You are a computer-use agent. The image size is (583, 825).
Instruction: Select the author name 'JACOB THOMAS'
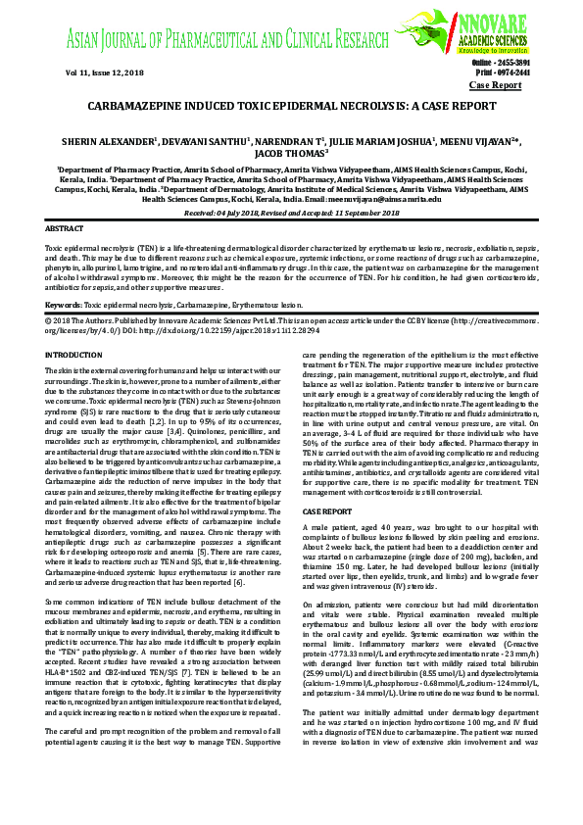pos(290,153)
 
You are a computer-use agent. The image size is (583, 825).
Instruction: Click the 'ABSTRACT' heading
pos(65,227)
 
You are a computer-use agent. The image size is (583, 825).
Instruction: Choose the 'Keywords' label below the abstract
pos(64,279)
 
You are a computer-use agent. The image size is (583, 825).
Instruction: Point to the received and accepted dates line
pos(291,212)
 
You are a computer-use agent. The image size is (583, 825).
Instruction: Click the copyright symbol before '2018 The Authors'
pos(50,293)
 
